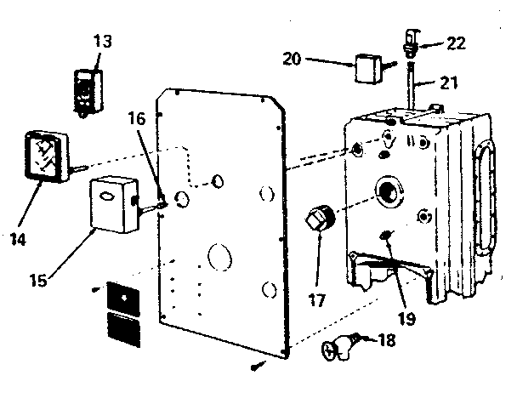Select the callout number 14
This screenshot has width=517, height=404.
tap(17, 239)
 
